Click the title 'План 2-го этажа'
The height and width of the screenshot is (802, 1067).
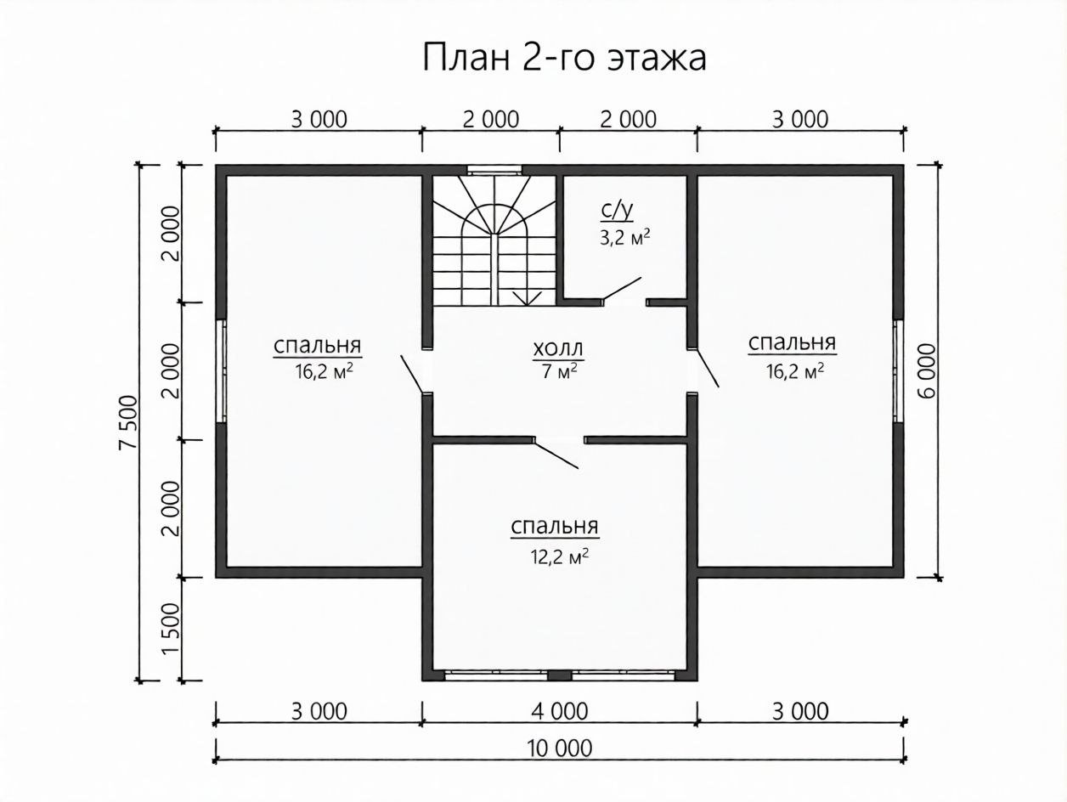click(564, 58)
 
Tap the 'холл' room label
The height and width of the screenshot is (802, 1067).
click(557, 348)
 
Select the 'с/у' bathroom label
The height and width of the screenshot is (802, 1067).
click(617, 211)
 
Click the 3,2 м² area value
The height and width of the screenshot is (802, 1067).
click(624, 238)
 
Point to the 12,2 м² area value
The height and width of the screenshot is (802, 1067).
click(559, 556)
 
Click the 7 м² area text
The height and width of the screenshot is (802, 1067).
click(560, 371)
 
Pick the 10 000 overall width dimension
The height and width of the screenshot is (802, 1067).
click(560, 748)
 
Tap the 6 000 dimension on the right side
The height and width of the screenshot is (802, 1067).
click(927, 371)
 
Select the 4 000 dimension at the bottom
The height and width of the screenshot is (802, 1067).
click(560, 711)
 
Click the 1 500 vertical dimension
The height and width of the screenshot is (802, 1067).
click(171, 629)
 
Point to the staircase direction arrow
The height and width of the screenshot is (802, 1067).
click(527, 298)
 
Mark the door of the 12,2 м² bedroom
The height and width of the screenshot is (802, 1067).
click(556, 454)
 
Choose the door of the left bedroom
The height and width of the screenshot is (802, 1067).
click(411, 374)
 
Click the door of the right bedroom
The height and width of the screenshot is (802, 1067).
click(708, 368)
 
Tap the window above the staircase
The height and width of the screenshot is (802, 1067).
click(494, 170)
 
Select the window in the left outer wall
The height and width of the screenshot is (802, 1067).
click(222, 370)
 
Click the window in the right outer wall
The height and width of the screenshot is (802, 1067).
click(898, 370)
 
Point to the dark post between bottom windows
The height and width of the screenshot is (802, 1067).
click(560, 675)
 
